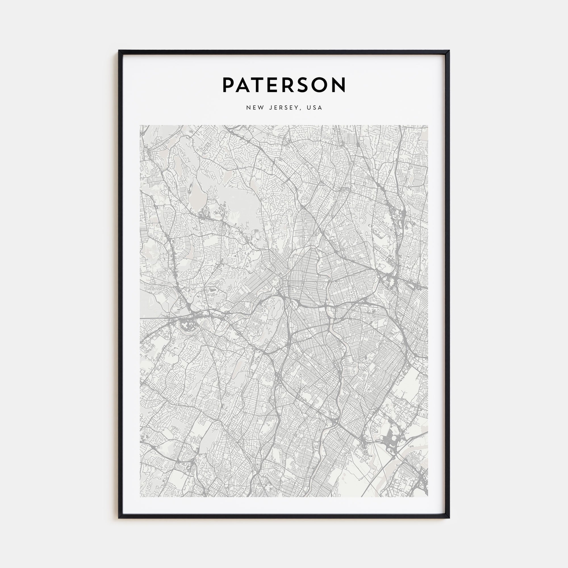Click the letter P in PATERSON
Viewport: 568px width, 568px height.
(x=229, y=85)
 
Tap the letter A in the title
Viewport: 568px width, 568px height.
(x=246, y=85)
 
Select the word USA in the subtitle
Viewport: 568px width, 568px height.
(x=314, y=108)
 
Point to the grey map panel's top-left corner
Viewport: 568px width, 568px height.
(x=140, y=126)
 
